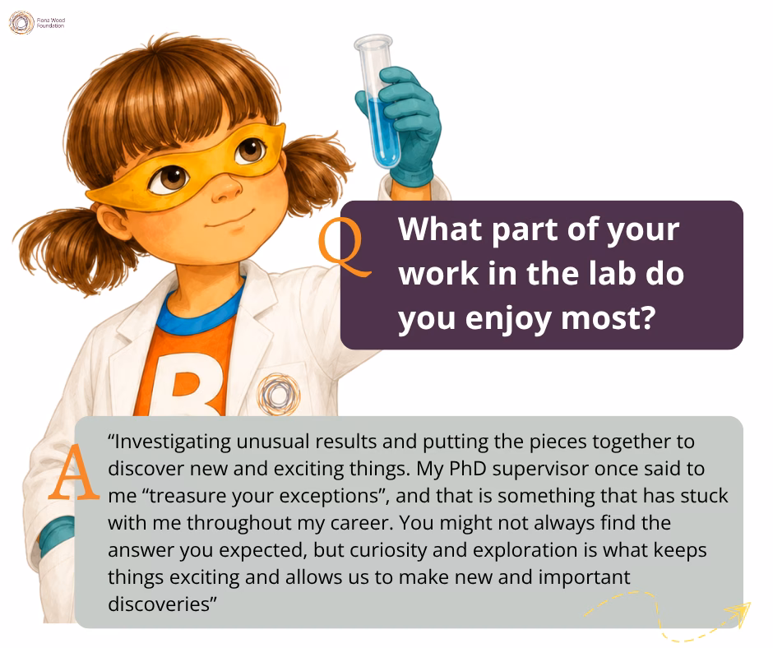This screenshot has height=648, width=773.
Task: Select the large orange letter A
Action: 74,473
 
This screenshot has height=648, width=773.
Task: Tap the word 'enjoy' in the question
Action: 508,319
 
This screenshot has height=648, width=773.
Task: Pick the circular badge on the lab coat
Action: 279,394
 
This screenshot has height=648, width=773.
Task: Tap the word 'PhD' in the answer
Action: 468,469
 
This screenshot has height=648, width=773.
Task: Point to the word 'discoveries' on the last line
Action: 160,604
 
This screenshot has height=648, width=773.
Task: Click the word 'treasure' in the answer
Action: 187,496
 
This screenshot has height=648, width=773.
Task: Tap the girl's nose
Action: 226,189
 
